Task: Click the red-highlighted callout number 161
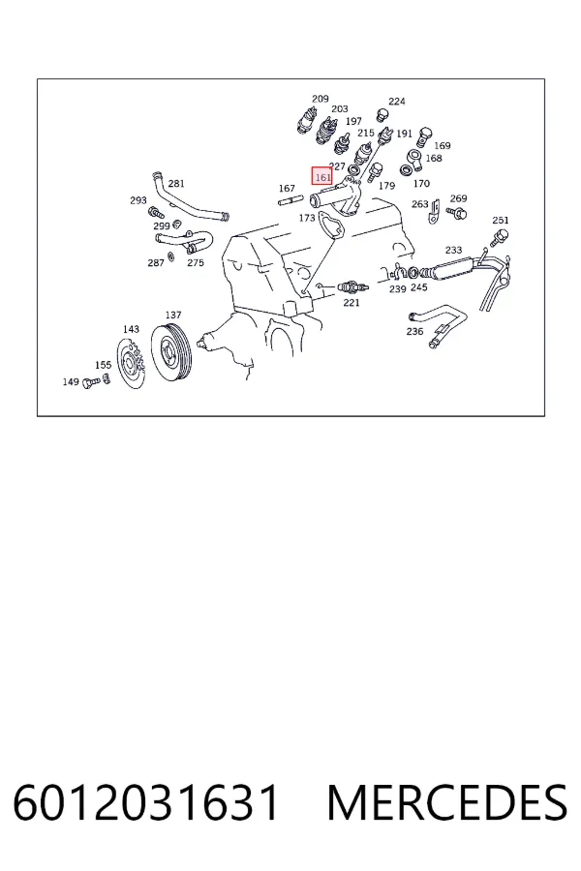[x=321, y=177]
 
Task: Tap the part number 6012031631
[x=145, y=802]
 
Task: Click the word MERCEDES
[x=447, y=802]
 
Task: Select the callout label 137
[x=173, y=315]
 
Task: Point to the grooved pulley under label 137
[x=171, y=352]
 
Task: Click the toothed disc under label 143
[x=132, y=363]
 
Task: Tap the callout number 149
[x=71, y=381]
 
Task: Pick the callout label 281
[x=176, y=183]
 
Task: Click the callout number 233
[x=454, y=250]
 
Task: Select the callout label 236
[x=414, y=331]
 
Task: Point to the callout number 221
[x=352, y=302]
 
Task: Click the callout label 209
[x=321, y=99]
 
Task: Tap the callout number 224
[x=397, y=101]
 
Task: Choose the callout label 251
[x=501, y=220]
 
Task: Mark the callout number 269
[x=459, y=198]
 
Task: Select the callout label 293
[x=138, y=200]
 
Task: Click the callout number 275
[x=196, y=262]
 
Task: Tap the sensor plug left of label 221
[x=352, y=287]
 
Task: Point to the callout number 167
[x=287, y=189]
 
